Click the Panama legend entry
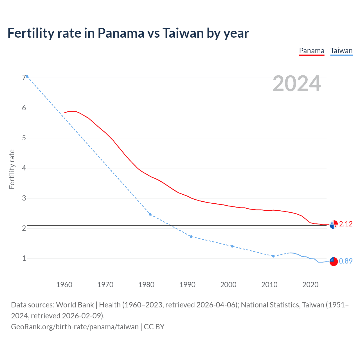[312, 51]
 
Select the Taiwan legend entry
[341, 51]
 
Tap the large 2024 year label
[297, 84]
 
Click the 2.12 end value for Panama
[346, 224]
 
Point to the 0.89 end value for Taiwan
[346, 261]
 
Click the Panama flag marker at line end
[334, 225]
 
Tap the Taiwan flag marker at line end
[334, 261]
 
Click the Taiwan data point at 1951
[27, 76]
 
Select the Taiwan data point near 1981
[150, 214]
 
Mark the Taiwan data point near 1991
[191, 237]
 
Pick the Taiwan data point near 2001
[232, 246]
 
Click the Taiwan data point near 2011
[273, 256]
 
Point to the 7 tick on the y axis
[24, 78]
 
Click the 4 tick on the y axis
[24, 168]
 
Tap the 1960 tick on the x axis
[64, 285]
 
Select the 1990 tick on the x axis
[187, 285]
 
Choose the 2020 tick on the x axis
[310, 285]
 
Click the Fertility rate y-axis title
[12, 169]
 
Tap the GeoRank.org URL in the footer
[75, 327]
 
